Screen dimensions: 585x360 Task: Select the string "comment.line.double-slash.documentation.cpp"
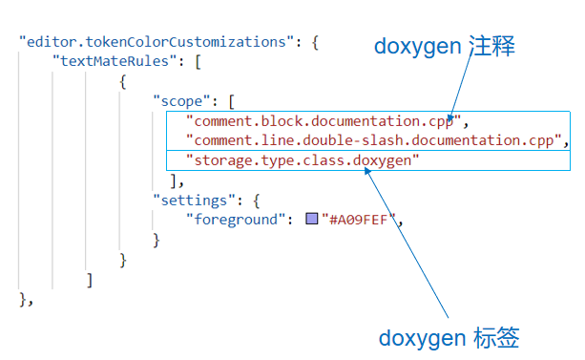371,141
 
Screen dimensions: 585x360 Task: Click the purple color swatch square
311,220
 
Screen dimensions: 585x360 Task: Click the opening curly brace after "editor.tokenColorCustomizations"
314,42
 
